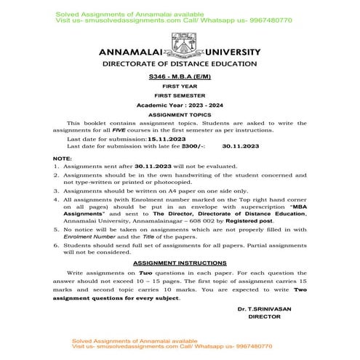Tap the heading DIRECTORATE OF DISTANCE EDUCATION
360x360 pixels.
[x=179, y=65]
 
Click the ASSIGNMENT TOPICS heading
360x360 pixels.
[x=179, y=115]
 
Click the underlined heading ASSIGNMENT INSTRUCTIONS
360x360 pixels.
[x=179, y=263]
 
